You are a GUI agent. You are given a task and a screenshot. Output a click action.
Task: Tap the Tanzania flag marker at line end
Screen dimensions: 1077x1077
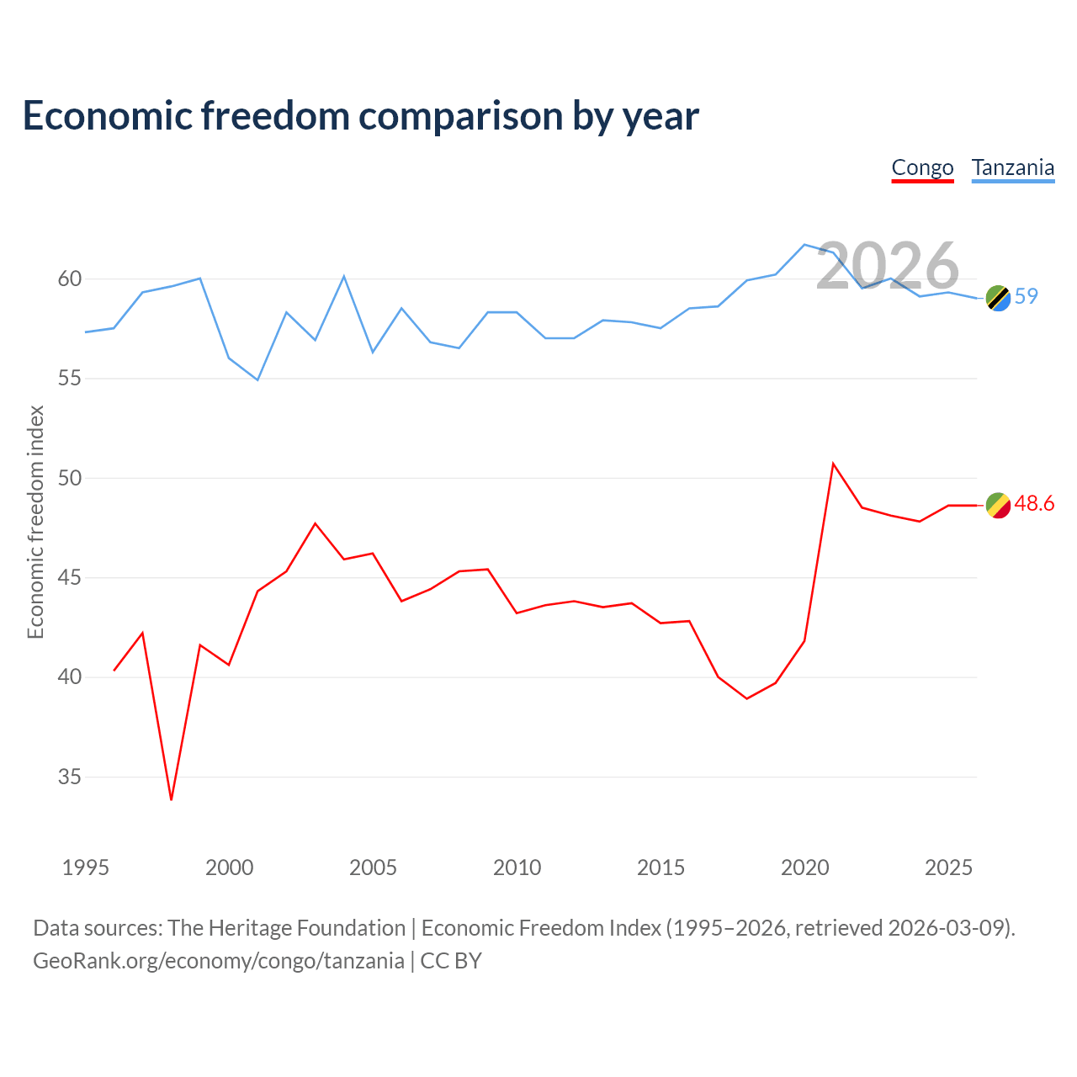tap(998, 298)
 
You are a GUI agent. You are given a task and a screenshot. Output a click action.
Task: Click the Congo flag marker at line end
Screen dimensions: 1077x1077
tap(998, 505)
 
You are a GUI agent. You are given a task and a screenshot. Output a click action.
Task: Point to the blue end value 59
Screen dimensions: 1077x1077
tap(1027, 296)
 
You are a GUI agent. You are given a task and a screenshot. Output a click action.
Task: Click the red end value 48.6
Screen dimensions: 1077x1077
tap(1034, 503)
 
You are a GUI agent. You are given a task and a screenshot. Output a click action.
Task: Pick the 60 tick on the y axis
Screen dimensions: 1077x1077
tap(69, 279)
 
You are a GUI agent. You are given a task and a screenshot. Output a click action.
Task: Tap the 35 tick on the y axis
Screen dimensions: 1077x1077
tap(69, 777)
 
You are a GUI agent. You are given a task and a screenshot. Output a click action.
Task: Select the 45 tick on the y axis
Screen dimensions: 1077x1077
tap(69, 577)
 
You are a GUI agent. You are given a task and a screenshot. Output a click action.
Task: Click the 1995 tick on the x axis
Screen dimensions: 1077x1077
tap(86, 867)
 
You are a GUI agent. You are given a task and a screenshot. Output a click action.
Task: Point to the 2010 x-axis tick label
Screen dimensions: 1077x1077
tap(517, 867)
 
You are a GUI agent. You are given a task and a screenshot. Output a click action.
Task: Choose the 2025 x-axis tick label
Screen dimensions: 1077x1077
tap(948, 867)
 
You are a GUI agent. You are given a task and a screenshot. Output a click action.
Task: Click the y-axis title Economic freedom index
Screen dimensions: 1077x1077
tap(35, 522)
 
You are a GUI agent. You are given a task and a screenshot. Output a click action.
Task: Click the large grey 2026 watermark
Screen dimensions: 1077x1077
tap(888, 265)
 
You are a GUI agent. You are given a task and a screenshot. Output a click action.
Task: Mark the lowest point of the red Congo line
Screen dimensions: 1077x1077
tap(171, 800)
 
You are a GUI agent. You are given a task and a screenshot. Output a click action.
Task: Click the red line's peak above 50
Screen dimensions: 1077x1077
tap(833, 464)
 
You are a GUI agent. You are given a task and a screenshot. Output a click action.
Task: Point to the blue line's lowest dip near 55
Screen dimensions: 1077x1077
tap(257, 380)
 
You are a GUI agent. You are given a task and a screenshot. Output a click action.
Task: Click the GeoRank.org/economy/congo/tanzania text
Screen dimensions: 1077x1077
tap(219, 961)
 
